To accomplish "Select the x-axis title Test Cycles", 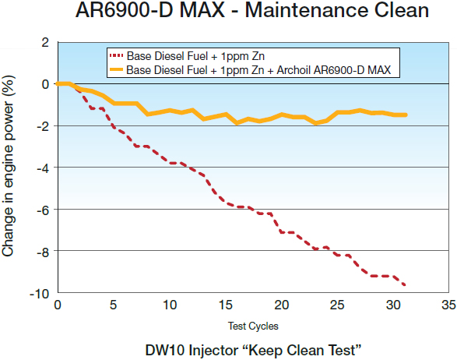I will tap(252, 325).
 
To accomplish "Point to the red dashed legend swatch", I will tap(118, 56).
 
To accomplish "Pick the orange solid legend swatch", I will tap(118, 70).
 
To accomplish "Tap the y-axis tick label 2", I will tap(44, 41).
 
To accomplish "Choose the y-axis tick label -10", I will tap(40, 293).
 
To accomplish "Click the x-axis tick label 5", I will tap(114, 304).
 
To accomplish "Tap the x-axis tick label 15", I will tap(226, 304).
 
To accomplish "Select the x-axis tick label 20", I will tap(282, 304).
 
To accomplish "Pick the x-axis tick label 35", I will tap(448, 304).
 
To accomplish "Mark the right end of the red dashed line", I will tap(405, 285).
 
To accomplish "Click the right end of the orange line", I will tap(406, 115).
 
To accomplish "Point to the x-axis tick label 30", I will tap(393, 304).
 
